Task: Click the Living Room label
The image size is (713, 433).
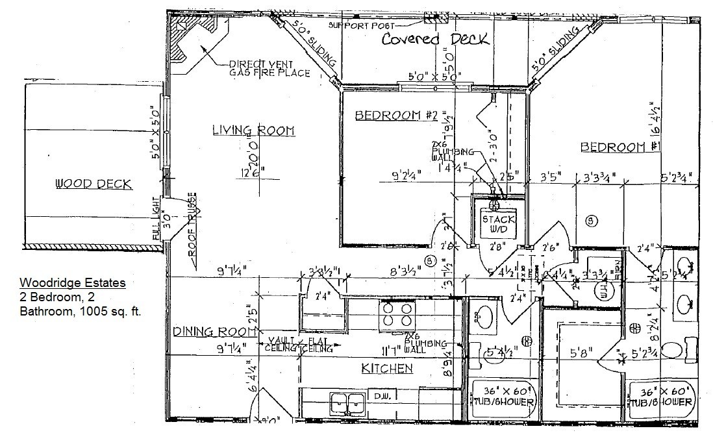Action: point(253,130)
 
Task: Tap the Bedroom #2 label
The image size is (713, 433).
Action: point(395,116)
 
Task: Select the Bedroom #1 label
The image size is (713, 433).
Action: point(620,147)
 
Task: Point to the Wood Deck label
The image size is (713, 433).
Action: point(94,184)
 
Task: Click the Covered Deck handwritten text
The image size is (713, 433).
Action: point(434,40)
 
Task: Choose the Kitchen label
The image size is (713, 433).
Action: point(387,369)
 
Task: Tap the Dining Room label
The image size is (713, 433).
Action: point(212,332)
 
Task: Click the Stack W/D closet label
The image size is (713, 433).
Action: point(498,224)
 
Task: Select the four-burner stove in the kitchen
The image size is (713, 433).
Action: point(397,314)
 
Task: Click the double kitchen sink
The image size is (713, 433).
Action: point(348,402)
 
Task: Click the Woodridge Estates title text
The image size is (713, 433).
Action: point(72,283)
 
